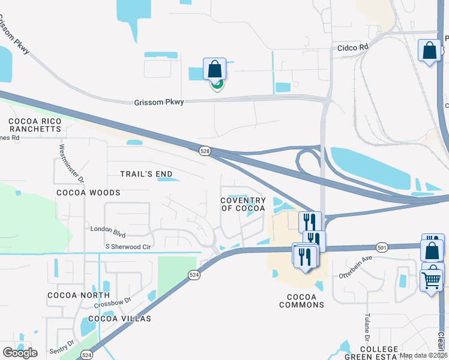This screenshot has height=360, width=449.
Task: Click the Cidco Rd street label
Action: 352,47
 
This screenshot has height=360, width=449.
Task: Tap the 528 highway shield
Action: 205,152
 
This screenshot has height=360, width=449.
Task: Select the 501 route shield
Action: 382,247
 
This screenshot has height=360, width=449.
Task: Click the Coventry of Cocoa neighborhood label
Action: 243,204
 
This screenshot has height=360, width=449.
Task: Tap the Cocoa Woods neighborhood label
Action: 88,193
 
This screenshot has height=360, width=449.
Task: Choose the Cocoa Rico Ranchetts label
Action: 35,125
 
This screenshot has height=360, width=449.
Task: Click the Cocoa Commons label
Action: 302,301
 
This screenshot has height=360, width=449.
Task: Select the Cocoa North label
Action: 79,295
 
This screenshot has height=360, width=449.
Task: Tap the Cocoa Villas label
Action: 119,318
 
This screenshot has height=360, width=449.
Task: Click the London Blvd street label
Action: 108,229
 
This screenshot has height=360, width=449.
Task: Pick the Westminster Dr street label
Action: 65,163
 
